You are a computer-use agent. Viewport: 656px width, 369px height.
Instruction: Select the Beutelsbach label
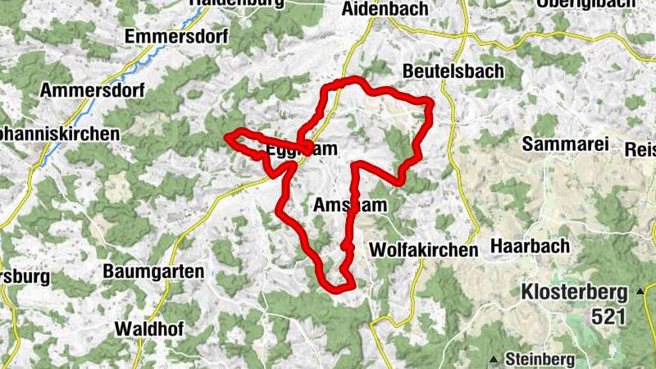tap(453, 71)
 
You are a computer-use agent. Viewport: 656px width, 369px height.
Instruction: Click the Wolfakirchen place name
tap(423, 249)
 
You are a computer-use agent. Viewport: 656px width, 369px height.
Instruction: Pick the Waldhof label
tap(150, 329)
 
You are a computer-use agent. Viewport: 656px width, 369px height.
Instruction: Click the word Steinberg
tap(536, 358)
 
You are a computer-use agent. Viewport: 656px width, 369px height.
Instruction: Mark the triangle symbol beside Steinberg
tap(494, 358)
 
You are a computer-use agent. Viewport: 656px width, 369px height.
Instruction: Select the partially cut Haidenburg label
tap(237, 3)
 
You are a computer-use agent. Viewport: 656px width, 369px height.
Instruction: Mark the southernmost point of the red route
tap(335, 289)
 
